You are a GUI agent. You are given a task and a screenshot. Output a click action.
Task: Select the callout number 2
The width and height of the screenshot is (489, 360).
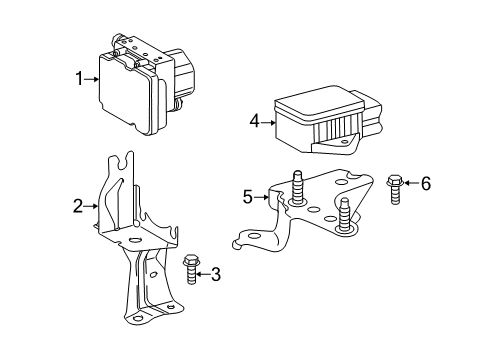point(77,207)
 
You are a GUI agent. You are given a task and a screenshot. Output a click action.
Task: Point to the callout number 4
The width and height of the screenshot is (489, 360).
point(255,123)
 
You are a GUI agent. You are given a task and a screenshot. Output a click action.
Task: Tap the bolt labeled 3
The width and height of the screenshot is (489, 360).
point(192,270)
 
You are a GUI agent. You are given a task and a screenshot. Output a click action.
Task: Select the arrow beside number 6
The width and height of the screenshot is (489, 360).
point(410,183)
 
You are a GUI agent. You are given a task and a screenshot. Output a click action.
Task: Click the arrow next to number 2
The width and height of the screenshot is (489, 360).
point(91,207)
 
